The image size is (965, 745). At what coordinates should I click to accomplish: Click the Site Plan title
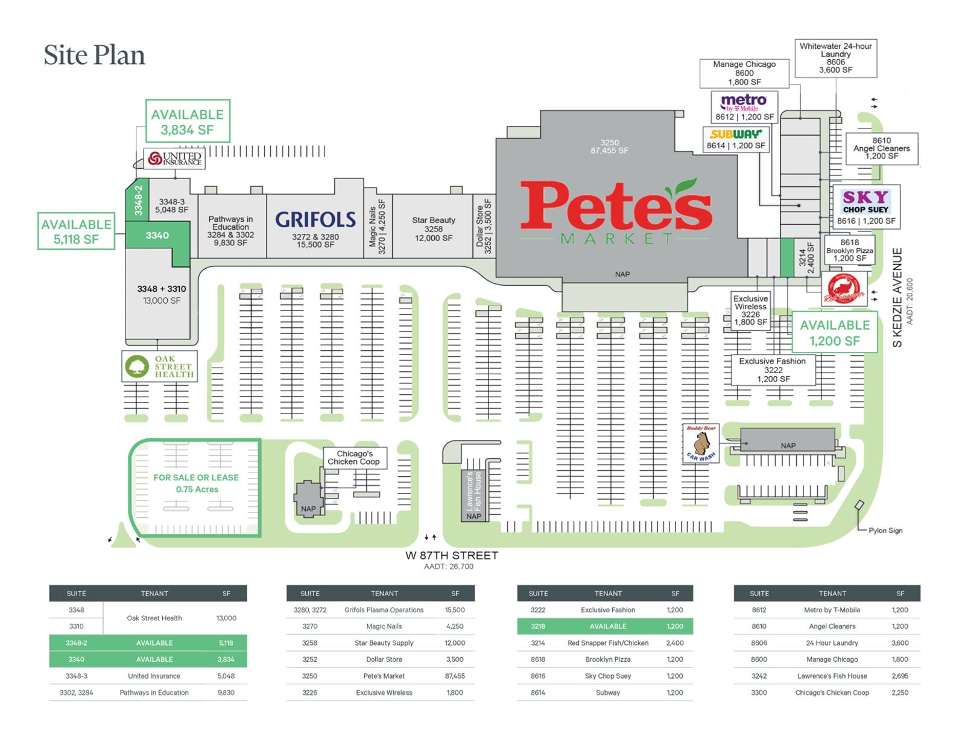[x=94, y=55]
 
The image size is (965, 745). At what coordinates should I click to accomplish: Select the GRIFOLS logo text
[x=315, y=219]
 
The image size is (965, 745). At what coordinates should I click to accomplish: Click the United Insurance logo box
[x=174, y=159]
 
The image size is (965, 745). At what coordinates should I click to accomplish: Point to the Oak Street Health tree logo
[x=137, y=366]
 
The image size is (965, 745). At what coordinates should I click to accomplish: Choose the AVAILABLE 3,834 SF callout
[x=188, y=121]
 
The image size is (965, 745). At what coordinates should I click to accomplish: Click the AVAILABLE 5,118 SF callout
[x=76, y=231]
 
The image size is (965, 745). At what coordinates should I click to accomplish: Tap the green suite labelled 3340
[x=157, y=236]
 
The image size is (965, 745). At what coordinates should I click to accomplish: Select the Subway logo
[x=735, y=134]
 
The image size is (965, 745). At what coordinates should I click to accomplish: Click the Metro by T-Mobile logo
[x=744, y=102]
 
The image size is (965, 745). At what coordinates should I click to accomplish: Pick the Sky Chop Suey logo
[x=865, y=201]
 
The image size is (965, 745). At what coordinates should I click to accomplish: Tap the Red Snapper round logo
[x=844, y=289]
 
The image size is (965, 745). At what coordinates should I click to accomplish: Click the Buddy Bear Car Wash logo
[x=701, y=443]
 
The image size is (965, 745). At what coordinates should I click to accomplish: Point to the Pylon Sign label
[x=885, y=530]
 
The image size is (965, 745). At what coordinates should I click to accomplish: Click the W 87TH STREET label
[x=452, y=556]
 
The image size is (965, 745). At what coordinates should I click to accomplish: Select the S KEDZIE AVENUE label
[x=897, y=297]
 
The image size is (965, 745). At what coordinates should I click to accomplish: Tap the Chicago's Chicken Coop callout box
[x=355, y=458]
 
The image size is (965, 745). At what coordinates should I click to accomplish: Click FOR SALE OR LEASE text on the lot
[x=196, y=477]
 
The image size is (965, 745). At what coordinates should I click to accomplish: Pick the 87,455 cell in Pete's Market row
[x=455, y=676]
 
